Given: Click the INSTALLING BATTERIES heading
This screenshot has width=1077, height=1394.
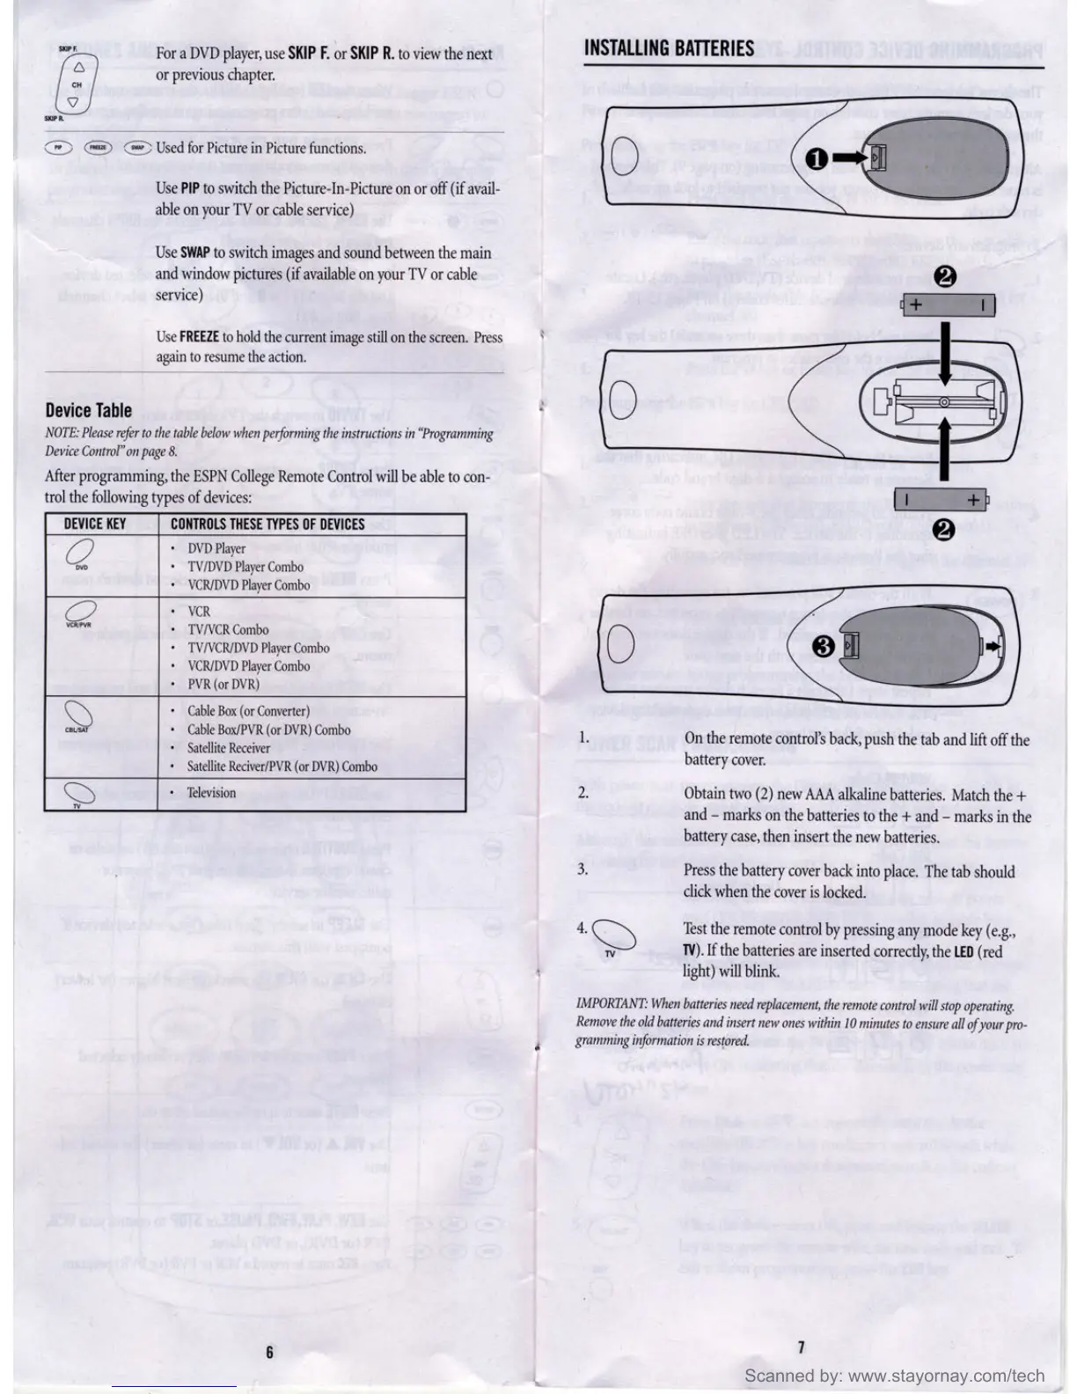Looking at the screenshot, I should pos(669,48).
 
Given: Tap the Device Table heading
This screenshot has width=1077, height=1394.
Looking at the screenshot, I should pos(88,410).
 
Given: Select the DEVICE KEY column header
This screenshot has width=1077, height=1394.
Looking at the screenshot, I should pos(94,525).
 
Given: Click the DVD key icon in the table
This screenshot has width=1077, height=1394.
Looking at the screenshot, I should pos(79,553).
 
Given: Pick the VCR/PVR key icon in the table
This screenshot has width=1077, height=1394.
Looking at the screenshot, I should pos(80,610).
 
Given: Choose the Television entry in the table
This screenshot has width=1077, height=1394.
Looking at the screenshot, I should pos(211,793).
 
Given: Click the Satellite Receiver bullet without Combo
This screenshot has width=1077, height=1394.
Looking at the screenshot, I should pos(228,748).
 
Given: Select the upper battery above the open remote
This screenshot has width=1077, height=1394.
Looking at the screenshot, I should pos(949,305).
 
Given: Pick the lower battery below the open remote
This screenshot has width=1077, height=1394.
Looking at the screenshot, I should pos(941,500).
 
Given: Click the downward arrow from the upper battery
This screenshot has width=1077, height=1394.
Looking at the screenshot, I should pos(945,352).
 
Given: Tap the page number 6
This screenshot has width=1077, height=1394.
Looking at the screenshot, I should pos(270,1352).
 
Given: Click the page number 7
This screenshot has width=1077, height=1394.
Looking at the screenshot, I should pos(801,1347).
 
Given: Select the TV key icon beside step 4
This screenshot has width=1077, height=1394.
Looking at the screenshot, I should pos(613,935).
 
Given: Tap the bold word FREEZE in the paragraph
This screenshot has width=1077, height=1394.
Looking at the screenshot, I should pos(199,336).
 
